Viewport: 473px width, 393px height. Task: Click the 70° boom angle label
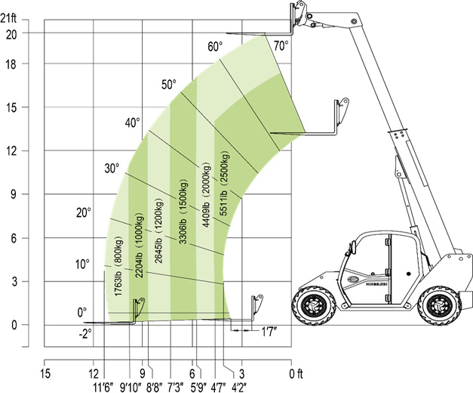pyautogui.click(x=281, y=46)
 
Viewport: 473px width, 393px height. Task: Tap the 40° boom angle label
pyautogui.click(x=133, y=122)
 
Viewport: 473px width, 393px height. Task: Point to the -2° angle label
pyautogui.click(x=85, y=334)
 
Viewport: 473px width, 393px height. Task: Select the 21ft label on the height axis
pyautogui.click(x=8, y=19)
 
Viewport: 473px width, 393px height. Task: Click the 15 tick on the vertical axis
pyautogui.click(x=11, y=107)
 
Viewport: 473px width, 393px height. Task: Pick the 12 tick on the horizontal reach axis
pyautogui.click(x=94, y=374)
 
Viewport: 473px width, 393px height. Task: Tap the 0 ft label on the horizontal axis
pyautogui.click(x=296, y=374)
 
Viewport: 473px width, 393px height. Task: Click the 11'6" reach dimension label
pyautogui.click(x=103, y=387)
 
